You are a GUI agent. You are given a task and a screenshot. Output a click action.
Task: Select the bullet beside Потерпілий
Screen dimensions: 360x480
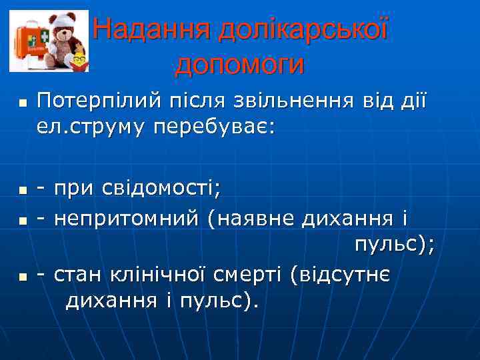(22, 104)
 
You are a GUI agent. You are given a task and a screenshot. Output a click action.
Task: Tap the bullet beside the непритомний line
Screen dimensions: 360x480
(22, 219)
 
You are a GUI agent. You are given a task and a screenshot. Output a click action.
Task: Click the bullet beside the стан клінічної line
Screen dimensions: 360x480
(22, 275)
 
